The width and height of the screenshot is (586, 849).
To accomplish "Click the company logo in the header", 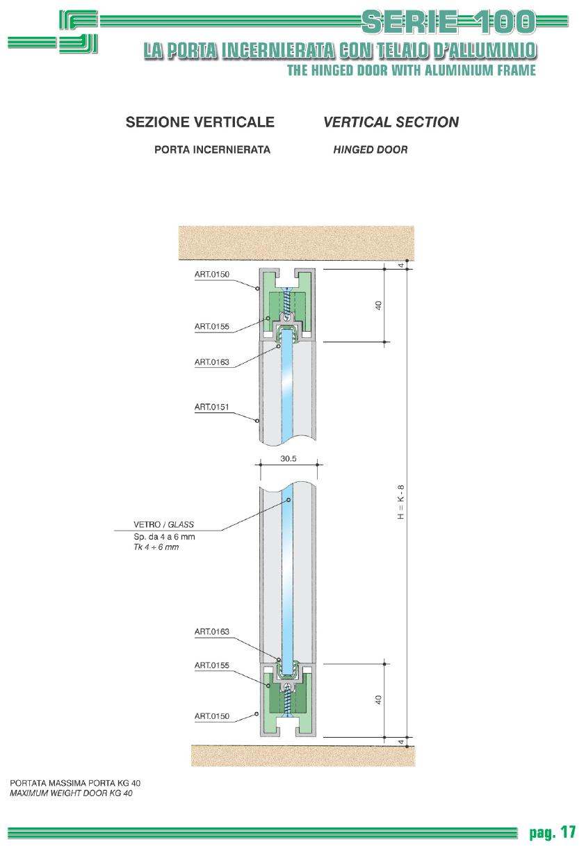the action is point(53,32).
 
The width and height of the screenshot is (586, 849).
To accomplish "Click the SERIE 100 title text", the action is point(448,22).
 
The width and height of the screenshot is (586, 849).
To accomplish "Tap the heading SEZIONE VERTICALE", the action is point(200,122).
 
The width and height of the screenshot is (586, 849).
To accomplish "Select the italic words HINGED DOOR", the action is point(370,149).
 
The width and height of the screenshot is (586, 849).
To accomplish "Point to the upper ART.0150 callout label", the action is point(212,275).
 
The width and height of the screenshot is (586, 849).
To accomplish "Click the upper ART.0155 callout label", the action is point(212,326).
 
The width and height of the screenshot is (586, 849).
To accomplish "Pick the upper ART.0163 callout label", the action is point(212,362).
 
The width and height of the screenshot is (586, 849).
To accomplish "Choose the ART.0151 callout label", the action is point(212,407).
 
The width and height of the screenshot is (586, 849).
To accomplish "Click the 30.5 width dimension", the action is point(288,459).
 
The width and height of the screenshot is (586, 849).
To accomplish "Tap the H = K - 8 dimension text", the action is point(401,502).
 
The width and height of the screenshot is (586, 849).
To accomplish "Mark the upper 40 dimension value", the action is point(378,305).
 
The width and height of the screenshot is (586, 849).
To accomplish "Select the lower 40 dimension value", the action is point(378,700).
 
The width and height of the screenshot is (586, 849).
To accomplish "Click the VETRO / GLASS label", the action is point(163,524).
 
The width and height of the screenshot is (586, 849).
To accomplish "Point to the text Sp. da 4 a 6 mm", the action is point(164,537).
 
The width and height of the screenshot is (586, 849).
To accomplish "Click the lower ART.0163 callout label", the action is point(212,631).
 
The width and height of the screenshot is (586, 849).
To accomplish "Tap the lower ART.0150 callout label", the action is point(212,716).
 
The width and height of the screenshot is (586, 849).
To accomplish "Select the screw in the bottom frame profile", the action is point(288,701).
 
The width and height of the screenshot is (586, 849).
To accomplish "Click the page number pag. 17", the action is point(553,832).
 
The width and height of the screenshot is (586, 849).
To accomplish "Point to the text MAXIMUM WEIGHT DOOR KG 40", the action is point(71,793).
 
